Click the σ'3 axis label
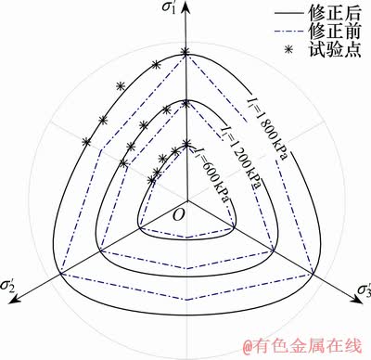[x=357, y=294]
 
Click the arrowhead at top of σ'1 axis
[x=185, y=6]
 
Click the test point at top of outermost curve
[x=185, y=52]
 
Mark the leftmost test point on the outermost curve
[x=86, y=141]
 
